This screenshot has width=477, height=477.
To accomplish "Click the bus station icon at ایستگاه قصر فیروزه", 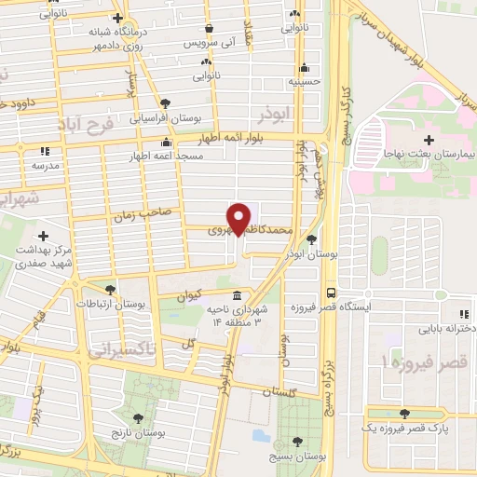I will tap(331, 292).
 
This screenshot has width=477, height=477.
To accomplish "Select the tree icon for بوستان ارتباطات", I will tap(111, 290).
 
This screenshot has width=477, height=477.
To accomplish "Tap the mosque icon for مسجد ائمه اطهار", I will tap(166, 143).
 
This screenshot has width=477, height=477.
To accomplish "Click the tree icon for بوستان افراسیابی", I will tap(165, 103).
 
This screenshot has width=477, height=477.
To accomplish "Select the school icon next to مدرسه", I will tap(45, 151).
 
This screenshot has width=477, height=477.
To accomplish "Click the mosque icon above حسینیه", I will tap(304, 67).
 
